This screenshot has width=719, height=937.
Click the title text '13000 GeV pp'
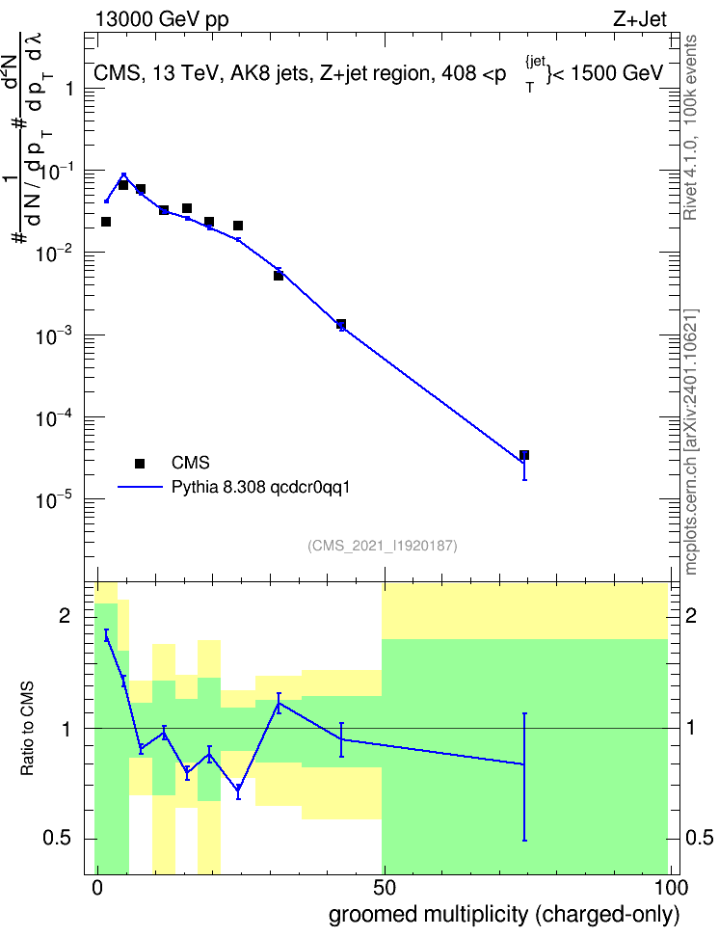(x=162, y=19)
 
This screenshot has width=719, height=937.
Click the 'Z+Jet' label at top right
(x=640, y=19)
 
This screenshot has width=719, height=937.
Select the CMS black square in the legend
(x=140, y=463)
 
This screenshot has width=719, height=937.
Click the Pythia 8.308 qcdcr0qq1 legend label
(x=260, y=487)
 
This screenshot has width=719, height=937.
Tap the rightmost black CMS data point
(x=524, y=455)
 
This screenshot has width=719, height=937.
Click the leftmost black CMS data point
(x=106, y=222)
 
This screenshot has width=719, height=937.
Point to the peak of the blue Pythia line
(x=123, y=174)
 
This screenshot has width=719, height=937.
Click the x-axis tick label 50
(x=384, y=888)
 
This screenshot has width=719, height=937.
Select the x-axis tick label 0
(x=97, y=888)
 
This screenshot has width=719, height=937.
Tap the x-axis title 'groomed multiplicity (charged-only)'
(x=504, y=915)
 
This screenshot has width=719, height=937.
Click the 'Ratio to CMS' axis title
(x=27, y=729)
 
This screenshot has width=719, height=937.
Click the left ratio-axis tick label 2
(x=65, y=615)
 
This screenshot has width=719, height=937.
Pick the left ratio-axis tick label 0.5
(x=58, y=838)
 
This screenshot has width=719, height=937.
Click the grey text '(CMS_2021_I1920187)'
(x=383, y=546)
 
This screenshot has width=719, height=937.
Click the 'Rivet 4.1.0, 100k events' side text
(x=690, y=127)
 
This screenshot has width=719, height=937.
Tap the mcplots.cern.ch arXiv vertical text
(x=691, y=442)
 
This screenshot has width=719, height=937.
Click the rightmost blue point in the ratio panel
(x=524, y=764)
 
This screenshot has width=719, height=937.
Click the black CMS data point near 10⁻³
(x=340, y=325)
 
